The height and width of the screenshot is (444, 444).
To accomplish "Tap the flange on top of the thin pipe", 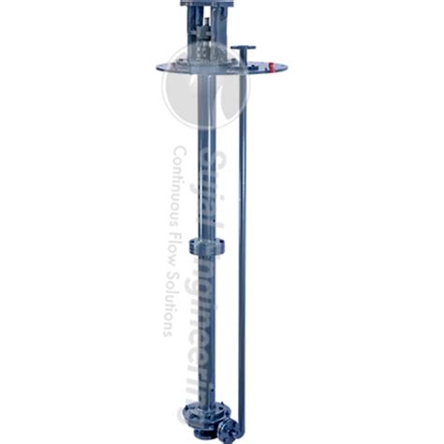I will pyautogui.click(x=243, y=48).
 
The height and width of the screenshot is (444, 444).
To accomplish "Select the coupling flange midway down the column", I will pyautogui.click(x=207, y=246).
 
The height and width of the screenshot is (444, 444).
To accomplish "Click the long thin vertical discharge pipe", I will pyautogui.click(x=242, y=234).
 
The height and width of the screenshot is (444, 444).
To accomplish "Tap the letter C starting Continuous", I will pyautogui.click(x=179, y=152).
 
